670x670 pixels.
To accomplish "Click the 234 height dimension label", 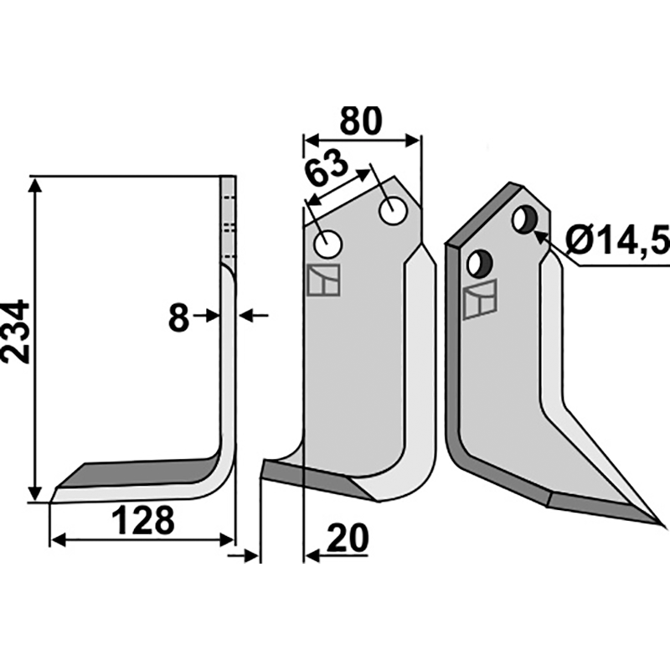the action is [x=15, y=332].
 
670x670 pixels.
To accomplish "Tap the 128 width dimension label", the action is [x=143, y=520].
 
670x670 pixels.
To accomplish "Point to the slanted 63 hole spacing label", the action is [x=326, y=168].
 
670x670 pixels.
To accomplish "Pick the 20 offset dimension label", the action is [x=348, y=539].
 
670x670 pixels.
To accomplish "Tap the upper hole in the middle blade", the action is [x=393, y=210].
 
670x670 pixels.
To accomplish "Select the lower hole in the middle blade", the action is [x=327, y=245].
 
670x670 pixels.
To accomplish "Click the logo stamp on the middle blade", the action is [x=323, y=280].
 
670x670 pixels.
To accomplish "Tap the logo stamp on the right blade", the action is [x=480, y=300].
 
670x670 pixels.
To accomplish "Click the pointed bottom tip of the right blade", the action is [x=665, y=526].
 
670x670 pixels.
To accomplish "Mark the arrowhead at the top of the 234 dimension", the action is [x=36, y=184].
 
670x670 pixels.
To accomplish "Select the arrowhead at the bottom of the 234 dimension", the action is [x=36, y=493].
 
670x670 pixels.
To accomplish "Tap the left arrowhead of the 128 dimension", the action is [x=58, y=539].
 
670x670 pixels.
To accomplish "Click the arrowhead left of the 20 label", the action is [x=312, y=556].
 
